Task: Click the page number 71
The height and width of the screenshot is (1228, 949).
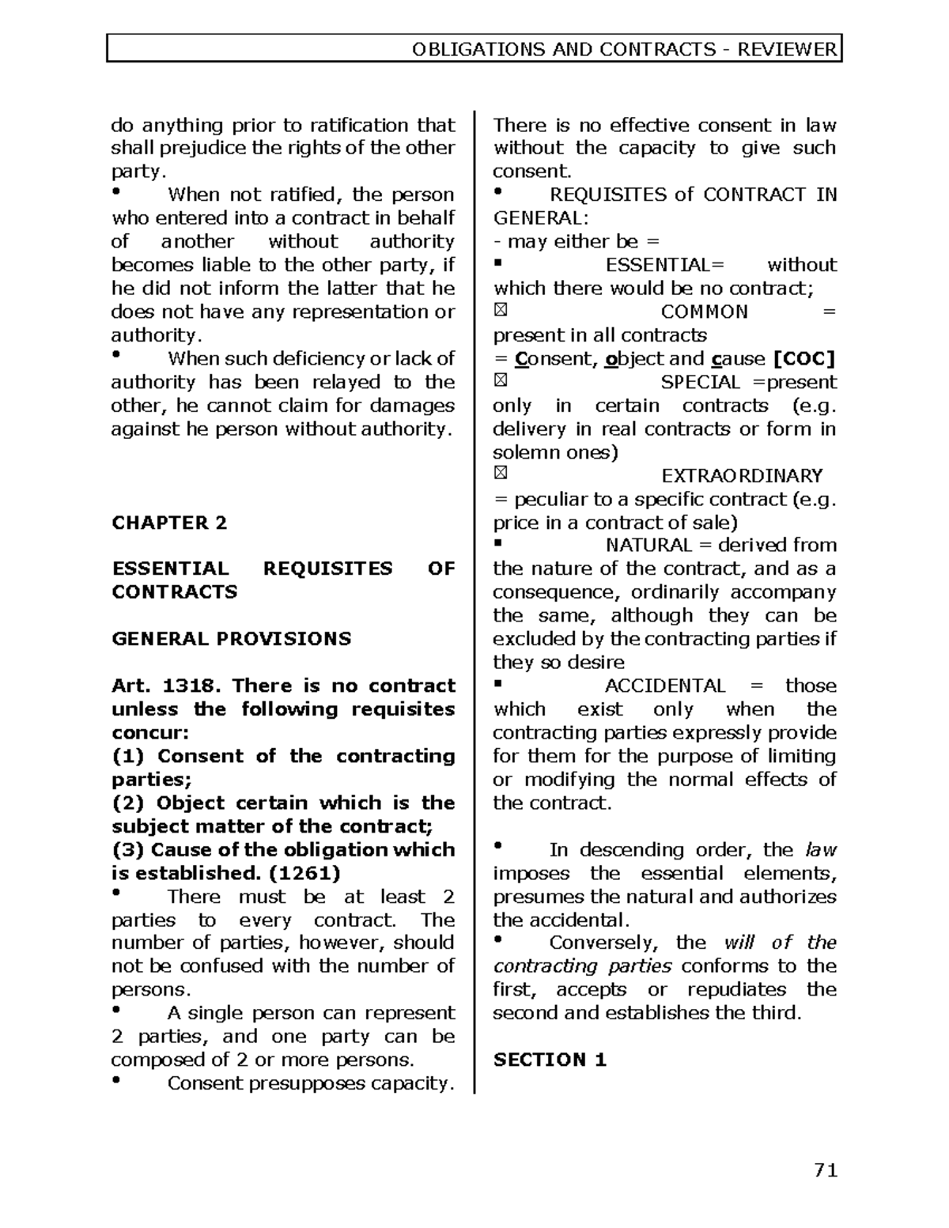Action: [825, 1170]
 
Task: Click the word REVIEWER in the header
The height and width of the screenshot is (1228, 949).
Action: [787, 50]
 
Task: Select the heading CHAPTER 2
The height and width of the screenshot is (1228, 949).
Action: [169, 523]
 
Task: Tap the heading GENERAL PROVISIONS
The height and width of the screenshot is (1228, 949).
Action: [231, 639]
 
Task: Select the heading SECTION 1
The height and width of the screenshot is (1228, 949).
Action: [550, 1060]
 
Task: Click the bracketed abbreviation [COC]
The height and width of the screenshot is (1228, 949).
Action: [803, 359]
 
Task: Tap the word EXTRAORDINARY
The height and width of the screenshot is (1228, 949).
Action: [742, 476]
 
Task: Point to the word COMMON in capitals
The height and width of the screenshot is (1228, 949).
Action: [704, 312]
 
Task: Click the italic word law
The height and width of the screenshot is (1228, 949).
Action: [820, 850]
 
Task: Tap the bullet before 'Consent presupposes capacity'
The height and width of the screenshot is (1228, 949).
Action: [117, 1080]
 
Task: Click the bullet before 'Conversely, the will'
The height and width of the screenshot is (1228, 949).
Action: [498, 939]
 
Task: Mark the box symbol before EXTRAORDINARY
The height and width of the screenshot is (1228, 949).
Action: [500, 474]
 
